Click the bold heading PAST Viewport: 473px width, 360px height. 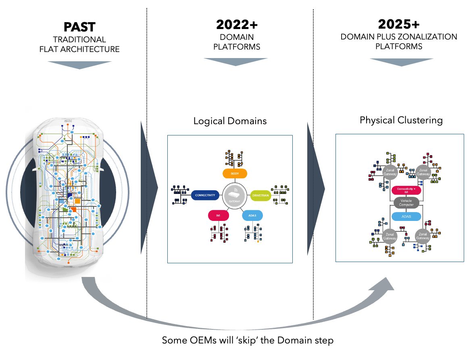(x=79, y=27)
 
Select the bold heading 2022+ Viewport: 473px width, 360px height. (x=237, y=25)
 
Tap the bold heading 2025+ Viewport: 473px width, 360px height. (x=399, y=24)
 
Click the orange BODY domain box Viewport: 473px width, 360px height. (x=235, y=173)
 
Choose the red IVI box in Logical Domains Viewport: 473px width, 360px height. (x=219, y=216)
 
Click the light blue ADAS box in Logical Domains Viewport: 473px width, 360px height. (x=252, y=216)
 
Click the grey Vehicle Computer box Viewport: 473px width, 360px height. (x=406, y=202)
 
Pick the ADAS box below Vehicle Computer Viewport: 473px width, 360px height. (x=406, y=216)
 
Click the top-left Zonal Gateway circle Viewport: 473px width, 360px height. (x=390, y=172)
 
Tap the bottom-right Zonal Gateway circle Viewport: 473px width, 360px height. (x=423, y=236)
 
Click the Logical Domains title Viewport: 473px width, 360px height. (x=230, y=121)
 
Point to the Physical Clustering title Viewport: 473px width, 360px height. (x=401, y=120)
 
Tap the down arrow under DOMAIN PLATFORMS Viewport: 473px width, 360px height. (x=235, y=62)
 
